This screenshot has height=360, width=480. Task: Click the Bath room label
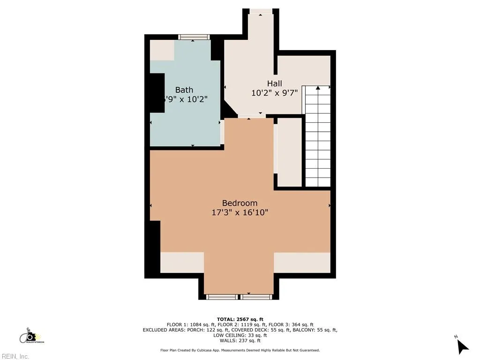184,90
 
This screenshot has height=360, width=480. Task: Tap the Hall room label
274,83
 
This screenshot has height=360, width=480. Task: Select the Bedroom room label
240,203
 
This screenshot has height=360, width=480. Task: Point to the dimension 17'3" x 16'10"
240,212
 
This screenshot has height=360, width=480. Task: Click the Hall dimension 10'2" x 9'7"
274,93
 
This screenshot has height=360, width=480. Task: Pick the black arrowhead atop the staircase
318,88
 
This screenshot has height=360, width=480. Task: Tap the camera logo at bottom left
30,336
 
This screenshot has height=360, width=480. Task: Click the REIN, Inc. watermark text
15,357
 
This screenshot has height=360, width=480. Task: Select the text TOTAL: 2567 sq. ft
240,319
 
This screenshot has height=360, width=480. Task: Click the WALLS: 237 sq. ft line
240,341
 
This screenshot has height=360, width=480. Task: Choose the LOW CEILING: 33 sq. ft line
240,335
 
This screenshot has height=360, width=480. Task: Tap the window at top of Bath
193,37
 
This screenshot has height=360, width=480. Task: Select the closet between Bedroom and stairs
290,152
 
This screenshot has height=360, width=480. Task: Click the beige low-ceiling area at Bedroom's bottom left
182,262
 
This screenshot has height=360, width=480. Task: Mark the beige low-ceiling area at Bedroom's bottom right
302,262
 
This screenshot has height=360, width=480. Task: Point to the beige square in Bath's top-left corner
162,50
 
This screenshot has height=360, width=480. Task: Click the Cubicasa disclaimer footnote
240,350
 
